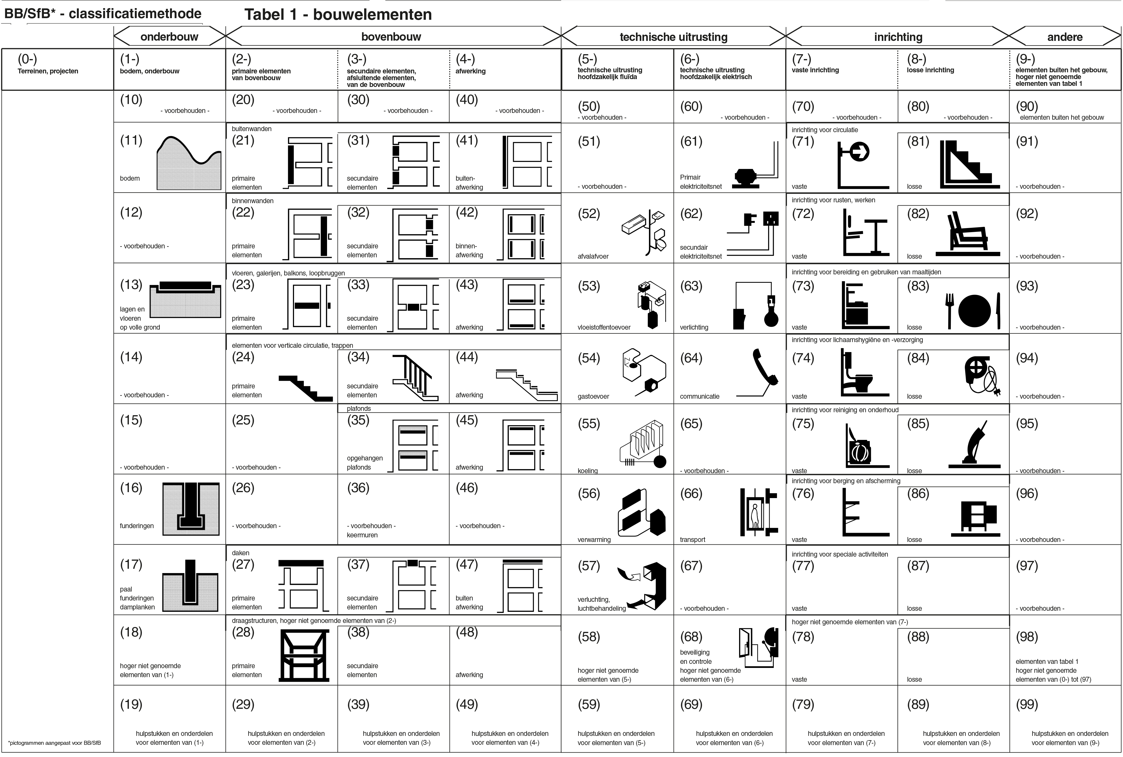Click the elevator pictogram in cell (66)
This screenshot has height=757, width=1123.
758,512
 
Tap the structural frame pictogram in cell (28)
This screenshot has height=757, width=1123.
305,656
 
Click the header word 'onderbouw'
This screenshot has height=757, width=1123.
169,37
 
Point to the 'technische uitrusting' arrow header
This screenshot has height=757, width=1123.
673,37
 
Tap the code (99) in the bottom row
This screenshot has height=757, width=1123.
1026,704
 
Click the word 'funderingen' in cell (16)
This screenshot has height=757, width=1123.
136,526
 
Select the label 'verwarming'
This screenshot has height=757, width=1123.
594,540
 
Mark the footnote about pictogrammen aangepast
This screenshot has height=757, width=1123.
54,743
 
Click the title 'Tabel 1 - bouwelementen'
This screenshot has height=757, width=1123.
338,14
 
